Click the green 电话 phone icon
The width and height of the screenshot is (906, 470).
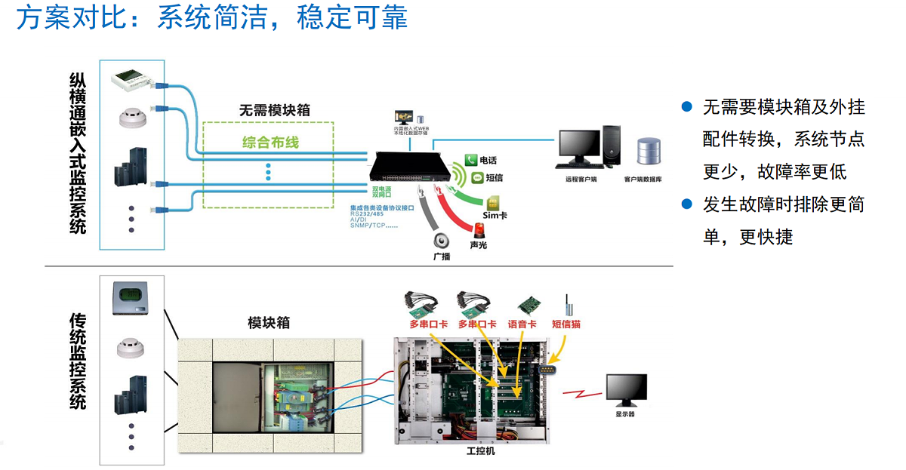[470, 160]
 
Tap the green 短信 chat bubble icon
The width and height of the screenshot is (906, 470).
[476, 178]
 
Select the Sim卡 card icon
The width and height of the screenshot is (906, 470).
[495, 202]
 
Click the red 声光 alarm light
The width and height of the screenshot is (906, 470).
[477, 229]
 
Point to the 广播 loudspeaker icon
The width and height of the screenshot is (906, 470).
[442, 241]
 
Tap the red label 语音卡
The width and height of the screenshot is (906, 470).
[522, 324]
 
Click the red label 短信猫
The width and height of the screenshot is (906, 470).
[566, 324]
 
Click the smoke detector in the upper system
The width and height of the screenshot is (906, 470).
[131, 118]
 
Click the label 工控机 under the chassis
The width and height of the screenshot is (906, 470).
[481, 451]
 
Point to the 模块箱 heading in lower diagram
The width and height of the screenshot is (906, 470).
[269, 324]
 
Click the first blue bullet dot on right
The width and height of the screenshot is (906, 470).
[686, 107]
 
